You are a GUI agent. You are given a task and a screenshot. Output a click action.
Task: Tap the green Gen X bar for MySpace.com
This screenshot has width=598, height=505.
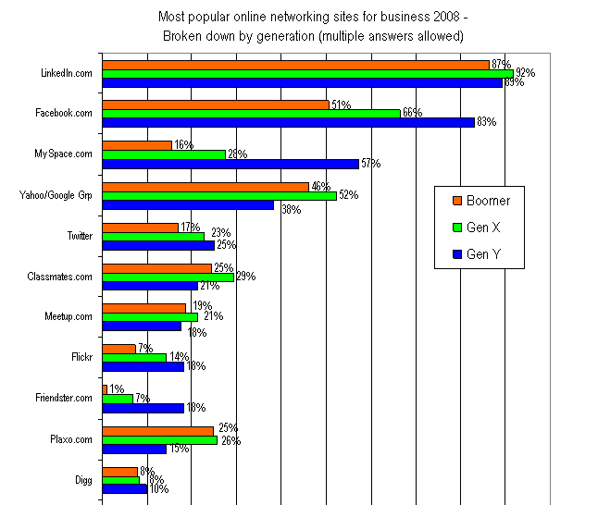(x=163, y=154)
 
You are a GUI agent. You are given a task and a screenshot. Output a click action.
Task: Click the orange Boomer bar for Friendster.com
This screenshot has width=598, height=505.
(x=105, y=389)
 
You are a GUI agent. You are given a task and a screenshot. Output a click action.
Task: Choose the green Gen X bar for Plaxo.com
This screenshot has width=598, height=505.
(x=159, y=439)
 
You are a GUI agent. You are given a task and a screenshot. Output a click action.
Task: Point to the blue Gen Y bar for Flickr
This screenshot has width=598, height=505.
(x=143, y=366)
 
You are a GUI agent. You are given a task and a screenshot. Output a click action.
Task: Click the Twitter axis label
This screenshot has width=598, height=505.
(x=80, y=236)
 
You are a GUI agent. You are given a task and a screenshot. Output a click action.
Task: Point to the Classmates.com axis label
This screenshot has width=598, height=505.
(x=64, y=277)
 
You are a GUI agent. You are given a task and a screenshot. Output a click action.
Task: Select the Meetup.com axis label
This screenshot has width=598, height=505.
(x=69, y=317)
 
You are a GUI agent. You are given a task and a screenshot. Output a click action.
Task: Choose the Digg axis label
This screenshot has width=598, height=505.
(x=84, y=480)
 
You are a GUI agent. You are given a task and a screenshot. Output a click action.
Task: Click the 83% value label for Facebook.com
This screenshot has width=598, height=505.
(x=486, y=123)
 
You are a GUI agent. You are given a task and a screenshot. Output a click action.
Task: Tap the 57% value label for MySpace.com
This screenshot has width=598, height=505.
(x=370, y=165)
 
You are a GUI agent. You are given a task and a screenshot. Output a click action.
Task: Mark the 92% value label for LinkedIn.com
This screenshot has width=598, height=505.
(x=525, y=73)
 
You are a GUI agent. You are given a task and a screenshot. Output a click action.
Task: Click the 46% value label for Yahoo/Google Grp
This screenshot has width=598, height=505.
(x=320, y=187)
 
